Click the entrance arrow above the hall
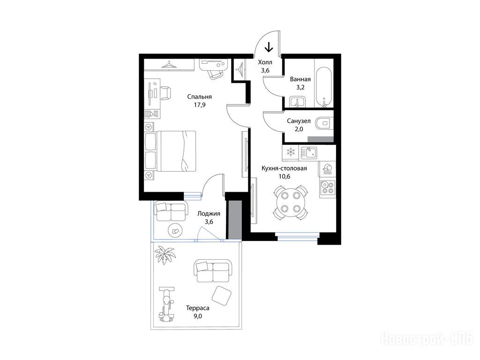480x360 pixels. point(269,47)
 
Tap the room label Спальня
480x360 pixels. point(200,97)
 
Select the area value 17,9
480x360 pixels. point(200,105)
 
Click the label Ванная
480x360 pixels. point(300,79)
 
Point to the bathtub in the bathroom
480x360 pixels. point(323,87)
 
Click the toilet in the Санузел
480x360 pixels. point(324,124)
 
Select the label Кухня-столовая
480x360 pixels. point(284,168)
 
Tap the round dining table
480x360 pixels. point(290,202)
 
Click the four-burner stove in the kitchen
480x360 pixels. point(328,187)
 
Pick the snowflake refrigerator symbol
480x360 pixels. point(290,152)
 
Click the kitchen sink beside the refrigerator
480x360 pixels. point(308,152)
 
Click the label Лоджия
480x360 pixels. point(209,214)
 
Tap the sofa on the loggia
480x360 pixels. point(170,211)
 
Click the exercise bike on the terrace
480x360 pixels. point(166,304)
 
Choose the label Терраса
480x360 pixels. point(198,308)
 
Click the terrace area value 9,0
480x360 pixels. point(198,316)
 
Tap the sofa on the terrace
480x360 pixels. point(212,271)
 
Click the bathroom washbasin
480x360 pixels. point(297,102)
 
